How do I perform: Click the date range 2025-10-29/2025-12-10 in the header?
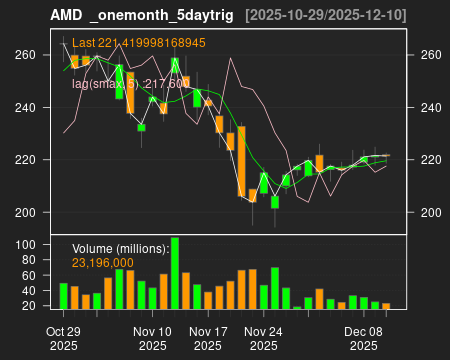pos(324,14)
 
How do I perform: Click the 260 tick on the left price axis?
pos(28,55)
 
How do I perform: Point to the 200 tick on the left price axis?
pos(28,212)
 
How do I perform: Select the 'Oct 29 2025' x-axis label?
pos(64,337)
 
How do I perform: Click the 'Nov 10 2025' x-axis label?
pos(153,337)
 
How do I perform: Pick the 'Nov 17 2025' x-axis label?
pos(208,337)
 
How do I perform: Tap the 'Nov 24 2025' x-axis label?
pos(263,337)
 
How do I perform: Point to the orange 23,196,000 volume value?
pos(105,262)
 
